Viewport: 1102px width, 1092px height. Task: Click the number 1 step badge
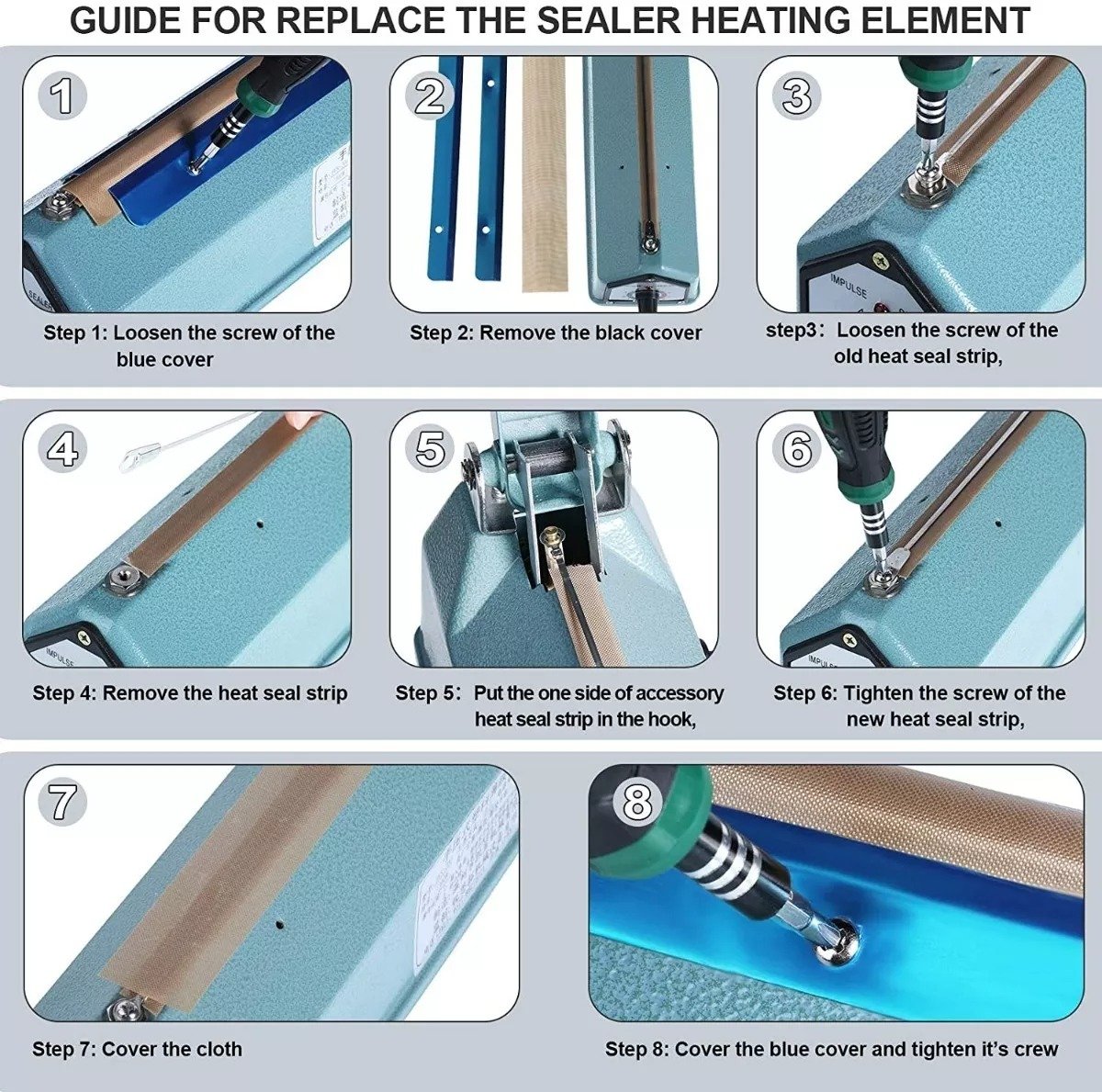(x=62, y=96)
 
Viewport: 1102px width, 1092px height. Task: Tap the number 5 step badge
(x=430, y=449)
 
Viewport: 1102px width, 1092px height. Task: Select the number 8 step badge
(x=636, y=802)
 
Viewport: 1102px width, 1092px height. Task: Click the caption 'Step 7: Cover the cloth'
(x=137, y=1049)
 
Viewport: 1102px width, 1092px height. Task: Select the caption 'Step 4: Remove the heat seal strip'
(x=190, y=692)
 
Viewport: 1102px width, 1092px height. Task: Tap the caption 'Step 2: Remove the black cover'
(x=556, y=332)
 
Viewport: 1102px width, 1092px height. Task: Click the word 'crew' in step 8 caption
(x=1036, y=1049)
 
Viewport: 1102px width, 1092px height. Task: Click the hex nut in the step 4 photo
(x=119, y=579)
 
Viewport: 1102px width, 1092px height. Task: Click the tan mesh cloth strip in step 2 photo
(x=545, y=174)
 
